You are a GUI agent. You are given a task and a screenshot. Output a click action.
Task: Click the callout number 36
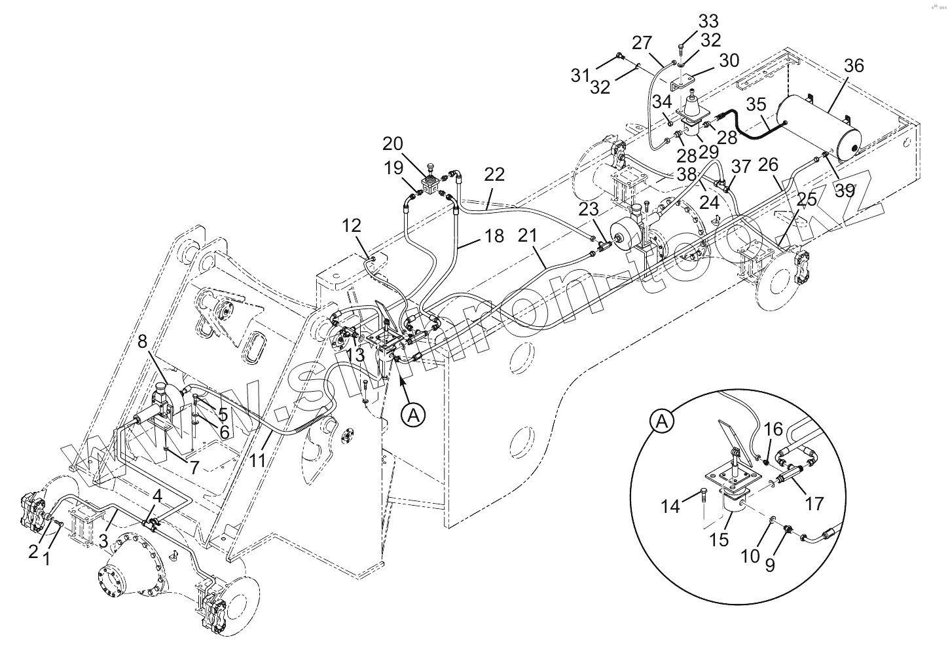pyautogui.click(x=853, y=66)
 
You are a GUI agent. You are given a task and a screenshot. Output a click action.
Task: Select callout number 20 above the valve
pyautogui.click(x=411, y=144)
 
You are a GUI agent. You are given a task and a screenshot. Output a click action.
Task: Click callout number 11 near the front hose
pyautogui.click(x=259, y=460)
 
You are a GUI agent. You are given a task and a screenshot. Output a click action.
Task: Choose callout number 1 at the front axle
pyautogui.click(x=46, y=559)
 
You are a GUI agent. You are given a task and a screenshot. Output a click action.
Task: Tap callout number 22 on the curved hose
pyautogui.click(x=495, y=175)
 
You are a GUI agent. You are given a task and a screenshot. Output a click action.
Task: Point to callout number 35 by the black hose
pyautogui.click(x=756, y=105)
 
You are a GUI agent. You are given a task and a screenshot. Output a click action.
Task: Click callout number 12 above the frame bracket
pyautogui.click(x=352, y=227)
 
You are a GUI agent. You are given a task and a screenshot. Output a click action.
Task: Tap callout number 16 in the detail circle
pyautogui.click(x=773, y=430)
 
